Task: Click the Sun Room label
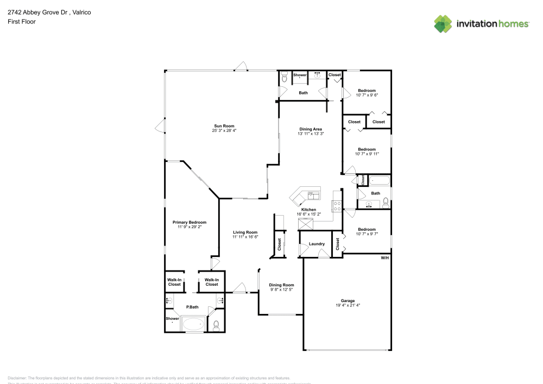click(220, 126)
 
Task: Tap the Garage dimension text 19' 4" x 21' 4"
click(348, 305)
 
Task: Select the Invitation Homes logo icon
click(443, 23)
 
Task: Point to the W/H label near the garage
click(384, 257)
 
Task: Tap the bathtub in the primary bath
click(193, 325)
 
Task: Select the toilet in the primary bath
click(216, 325)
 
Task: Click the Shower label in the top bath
click(300, 75)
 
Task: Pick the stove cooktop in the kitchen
click(337, 206)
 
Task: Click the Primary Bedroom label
click(189, 222)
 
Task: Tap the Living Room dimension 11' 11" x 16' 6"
click(245, 237)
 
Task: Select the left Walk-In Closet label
click(174, 282)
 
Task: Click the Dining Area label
click(311, 129)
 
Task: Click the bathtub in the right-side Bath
click(378, 181)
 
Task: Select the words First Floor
click(22, 22)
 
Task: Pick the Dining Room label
click(281, 285)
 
